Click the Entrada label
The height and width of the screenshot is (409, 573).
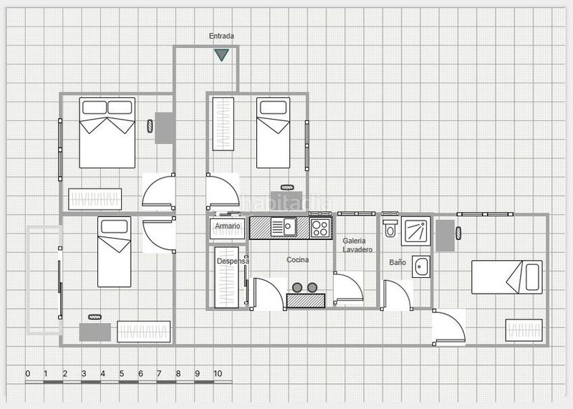221,36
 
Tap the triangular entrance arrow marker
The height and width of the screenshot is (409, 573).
221,55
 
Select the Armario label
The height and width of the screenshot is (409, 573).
227,226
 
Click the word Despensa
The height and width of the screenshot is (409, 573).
233,261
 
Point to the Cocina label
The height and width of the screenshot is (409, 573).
297,259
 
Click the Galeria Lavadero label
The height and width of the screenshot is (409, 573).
357,245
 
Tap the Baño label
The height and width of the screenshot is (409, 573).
398,262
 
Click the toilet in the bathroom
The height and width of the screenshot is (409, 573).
390,228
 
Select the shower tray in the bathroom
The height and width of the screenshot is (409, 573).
416,231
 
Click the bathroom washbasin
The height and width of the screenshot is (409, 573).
421,266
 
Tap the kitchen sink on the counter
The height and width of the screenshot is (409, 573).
284,227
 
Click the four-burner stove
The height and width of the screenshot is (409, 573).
320,228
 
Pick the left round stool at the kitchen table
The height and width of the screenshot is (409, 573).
297,288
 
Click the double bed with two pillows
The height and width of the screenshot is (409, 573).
107,133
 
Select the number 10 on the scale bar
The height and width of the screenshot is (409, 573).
218,374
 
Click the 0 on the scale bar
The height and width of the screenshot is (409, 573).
28,374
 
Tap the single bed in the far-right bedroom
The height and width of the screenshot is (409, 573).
507,277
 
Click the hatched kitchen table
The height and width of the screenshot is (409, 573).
306,300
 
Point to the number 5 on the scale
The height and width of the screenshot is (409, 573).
121,374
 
